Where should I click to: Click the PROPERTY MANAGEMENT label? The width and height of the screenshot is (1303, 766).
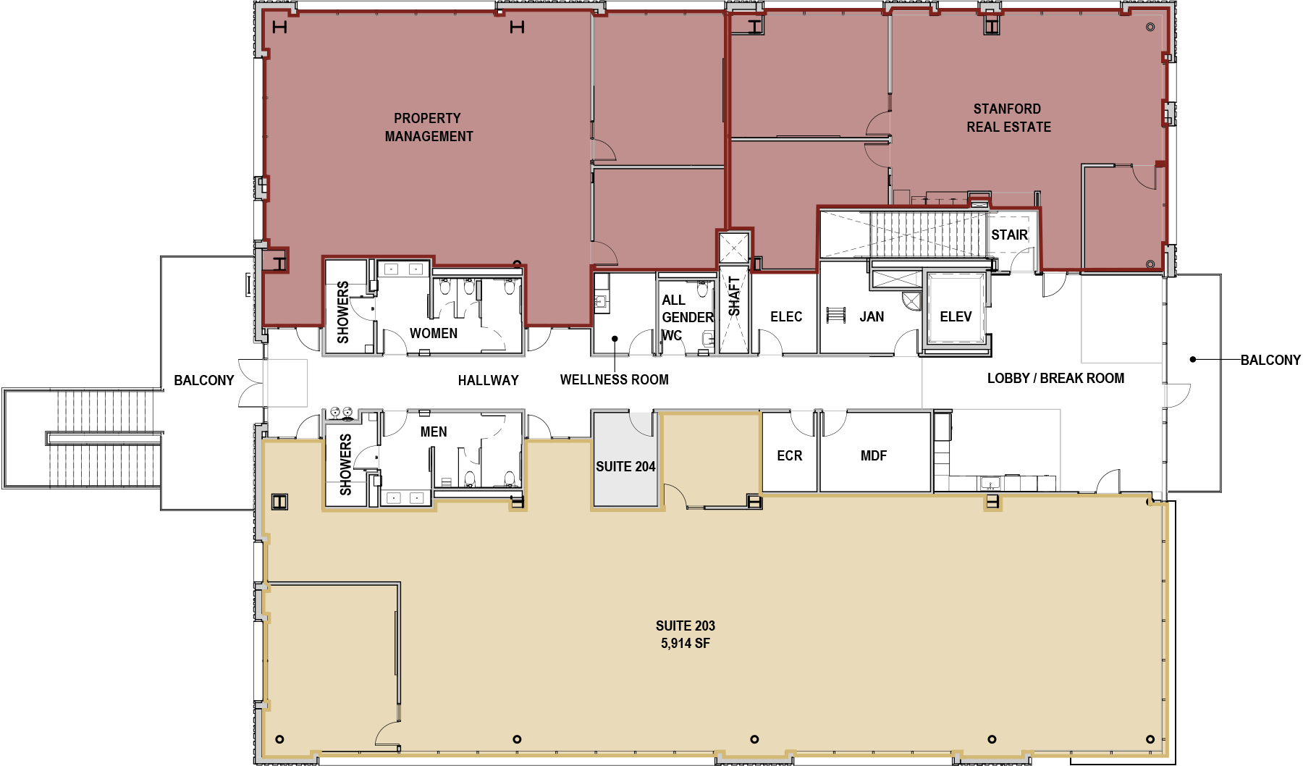[429, 127]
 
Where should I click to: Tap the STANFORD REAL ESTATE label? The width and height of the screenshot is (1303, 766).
[1008, 118]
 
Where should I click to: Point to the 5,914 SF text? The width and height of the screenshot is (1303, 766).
[685, 643]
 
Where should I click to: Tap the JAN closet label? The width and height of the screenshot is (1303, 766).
[872, 316]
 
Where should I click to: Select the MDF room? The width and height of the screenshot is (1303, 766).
[874, 452]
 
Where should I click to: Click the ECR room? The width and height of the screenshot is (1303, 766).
[789, 452]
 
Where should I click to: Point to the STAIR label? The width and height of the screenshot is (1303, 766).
[1009, 235]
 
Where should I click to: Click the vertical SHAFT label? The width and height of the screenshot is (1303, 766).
[734, 296]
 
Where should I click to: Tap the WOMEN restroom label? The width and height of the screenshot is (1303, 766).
[434, 333]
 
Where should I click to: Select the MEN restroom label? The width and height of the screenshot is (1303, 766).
[434, 432]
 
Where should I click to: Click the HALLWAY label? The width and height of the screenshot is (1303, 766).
[488, 380]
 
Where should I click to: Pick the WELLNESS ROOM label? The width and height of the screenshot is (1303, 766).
[614, 379]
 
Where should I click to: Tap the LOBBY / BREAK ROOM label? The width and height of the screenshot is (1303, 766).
[1055, 378]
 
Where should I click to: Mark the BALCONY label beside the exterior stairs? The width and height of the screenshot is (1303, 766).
[204, 380]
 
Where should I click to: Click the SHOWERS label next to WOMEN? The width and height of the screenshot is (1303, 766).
[343, 312]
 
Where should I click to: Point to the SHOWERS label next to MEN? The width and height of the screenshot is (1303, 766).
[345, 465]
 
